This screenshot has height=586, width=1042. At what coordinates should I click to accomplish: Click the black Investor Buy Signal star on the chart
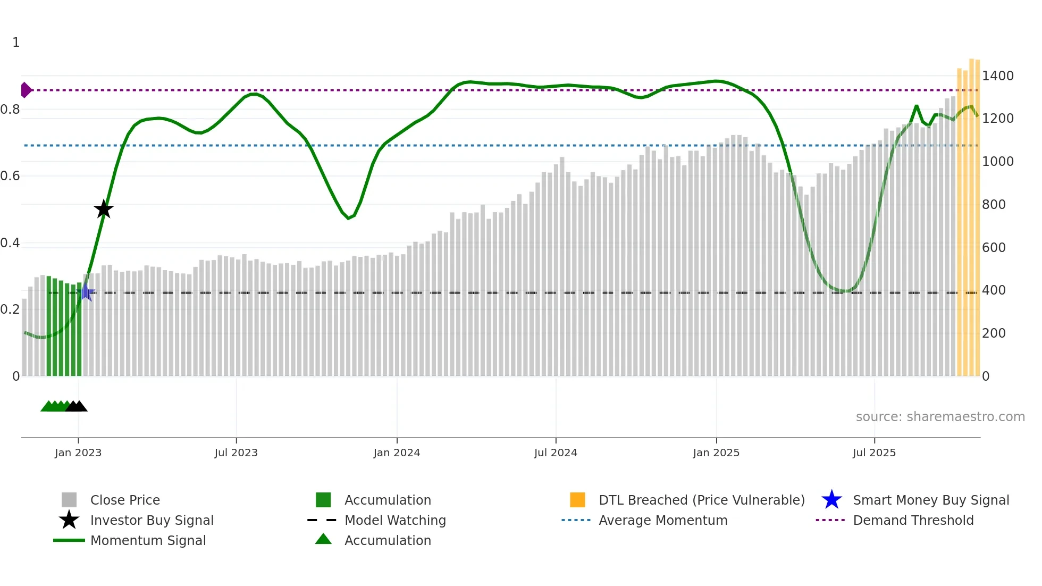(104, 209)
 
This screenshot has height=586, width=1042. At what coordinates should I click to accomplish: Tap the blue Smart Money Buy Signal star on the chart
(86, 292)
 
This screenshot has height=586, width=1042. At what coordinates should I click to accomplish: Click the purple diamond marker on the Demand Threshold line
(26, 90)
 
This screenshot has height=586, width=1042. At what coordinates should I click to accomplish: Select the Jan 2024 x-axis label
(397, 453)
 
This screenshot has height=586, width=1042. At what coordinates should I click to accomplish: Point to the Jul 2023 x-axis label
(236, 453)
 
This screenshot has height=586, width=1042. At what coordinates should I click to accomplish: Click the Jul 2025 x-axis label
(874, 453)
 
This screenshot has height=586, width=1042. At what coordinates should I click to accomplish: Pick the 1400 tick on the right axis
(997, 76)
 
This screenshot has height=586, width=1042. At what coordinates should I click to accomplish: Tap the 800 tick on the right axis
(993, 205)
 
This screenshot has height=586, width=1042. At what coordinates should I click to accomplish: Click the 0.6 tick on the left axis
(10, 176)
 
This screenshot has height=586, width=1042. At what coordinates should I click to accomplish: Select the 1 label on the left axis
(16, 43)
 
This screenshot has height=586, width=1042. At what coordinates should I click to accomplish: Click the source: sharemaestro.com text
(940, 417)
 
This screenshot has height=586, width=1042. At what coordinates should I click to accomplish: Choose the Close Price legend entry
(125, 500)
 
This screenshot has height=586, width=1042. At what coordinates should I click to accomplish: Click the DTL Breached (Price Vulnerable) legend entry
(701, 500)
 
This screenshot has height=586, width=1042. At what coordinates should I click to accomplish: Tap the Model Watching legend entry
(395, 521)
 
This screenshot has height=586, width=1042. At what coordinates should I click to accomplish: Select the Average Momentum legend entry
(662, 521)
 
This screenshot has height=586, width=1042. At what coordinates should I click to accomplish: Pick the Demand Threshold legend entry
(913, 521)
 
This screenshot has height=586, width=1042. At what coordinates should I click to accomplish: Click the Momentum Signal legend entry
(148, 541)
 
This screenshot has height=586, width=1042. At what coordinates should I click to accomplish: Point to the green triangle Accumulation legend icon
(323, 539)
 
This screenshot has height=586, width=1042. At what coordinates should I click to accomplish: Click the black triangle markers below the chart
(77, 407)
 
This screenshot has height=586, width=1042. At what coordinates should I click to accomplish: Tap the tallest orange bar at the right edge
(971, 213)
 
